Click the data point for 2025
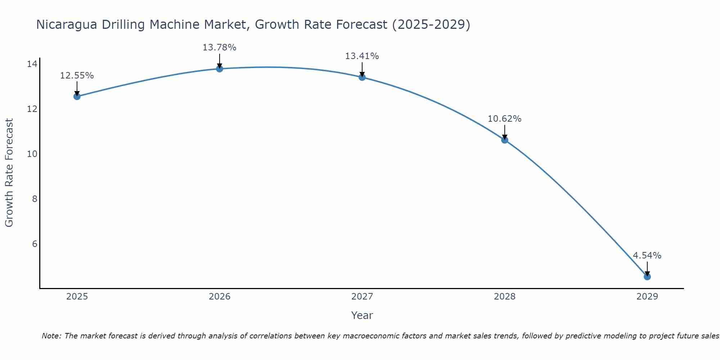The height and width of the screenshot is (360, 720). click(77, 96)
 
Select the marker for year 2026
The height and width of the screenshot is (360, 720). click(220, 69)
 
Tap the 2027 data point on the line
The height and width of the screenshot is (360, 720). click(362, 77)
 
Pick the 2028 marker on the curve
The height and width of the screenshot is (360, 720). click(505, 140)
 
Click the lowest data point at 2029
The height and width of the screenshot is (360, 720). click(647, 277)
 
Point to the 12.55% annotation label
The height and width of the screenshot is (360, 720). click(77, 76)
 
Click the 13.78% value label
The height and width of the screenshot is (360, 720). click(219, 48)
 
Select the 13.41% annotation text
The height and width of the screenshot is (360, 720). click(362, 56)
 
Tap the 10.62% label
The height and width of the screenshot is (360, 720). click(504, 119)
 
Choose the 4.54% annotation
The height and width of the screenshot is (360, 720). click(647, 256)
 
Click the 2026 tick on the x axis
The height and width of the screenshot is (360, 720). click(220, 297)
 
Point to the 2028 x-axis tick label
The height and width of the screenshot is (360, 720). click(505, 297)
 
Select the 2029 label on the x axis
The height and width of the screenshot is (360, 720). click(647, 297)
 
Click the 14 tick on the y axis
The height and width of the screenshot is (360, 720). click(32, 64)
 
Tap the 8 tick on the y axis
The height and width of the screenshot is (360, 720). click(35, 199)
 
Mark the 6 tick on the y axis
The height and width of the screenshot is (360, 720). click(35, 244)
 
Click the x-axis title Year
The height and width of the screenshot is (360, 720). click(362, 315)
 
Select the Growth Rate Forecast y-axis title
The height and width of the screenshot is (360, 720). click(9, 173)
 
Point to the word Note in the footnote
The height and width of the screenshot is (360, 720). click(51, 336)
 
